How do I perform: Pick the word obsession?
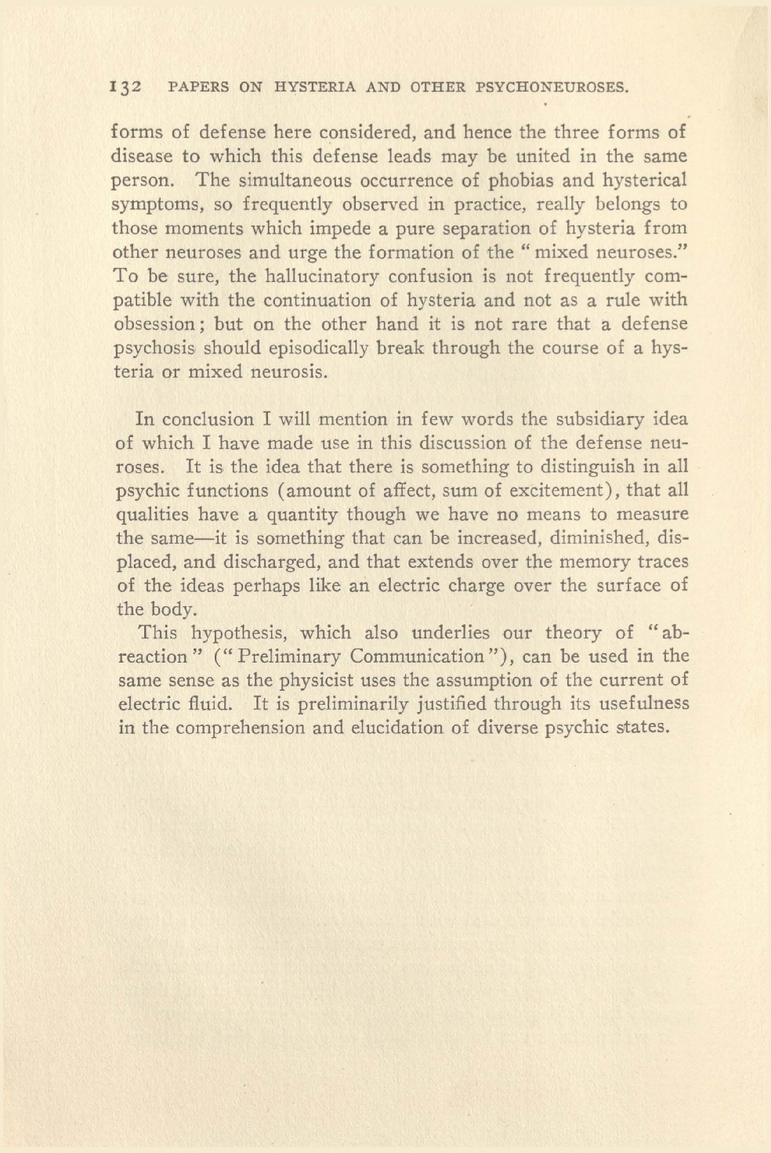[154, 324]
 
